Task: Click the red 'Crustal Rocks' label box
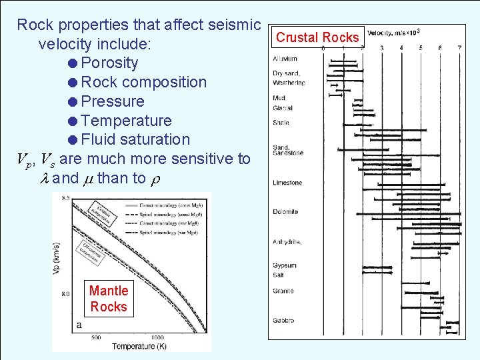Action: tap(317, 37)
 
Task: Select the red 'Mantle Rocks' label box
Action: tap(108, 299)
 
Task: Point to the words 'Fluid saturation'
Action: tap(135, 139)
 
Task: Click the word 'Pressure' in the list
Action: tap(112, 101)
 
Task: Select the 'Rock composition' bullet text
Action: tap(143, 82)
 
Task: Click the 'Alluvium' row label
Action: tap(285, 59)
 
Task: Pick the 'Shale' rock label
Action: tap(281, 123)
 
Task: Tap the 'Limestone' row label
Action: tap(287, 183)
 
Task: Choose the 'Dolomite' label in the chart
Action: tap(285, 212)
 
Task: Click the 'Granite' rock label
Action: tap(283, 291)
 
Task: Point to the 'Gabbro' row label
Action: tap(283, 321)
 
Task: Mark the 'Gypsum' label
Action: tap(285, 265)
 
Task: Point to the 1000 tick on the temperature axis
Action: tap(157, 337)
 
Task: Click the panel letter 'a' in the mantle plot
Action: tap(80, 325)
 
